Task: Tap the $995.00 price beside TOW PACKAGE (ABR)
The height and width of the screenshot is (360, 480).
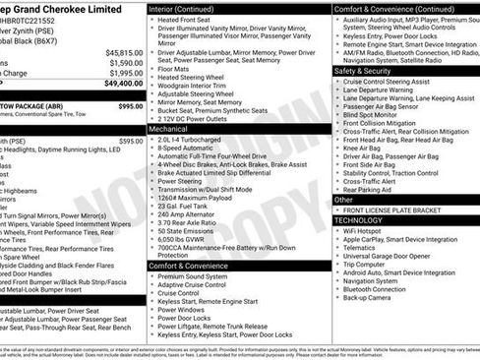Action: click(129, 105)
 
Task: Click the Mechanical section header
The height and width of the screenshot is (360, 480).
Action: click(169, 128)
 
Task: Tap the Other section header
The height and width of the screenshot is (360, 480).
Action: click(343, 199)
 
